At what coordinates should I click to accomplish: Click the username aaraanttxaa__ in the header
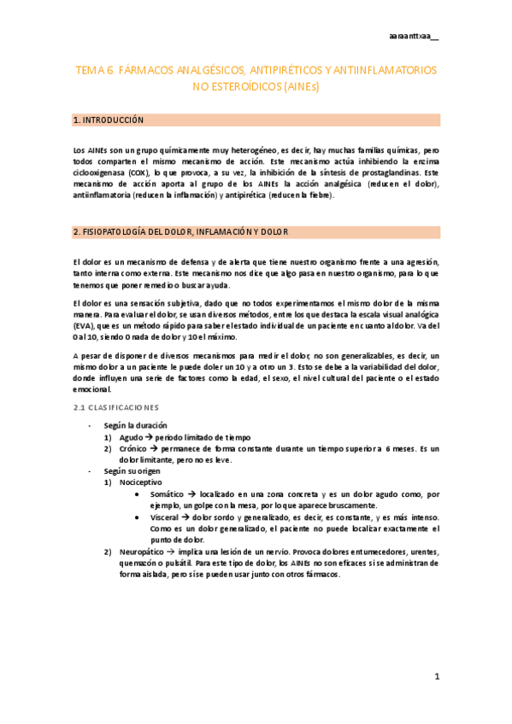pyautogui.click(x=413, y=36)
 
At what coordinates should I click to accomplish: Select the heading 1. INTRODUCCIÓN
pyautogui.click(x=109, y=120)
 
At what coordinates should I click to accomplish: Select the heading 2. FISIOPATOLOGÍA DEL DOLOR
pyautogui.click(x=181, y=231)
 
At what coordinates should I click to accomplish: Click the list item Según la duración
pyautogui.click(x=135, y=425)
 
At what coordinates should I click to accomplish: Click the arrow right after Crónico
pyautogui.click(x=147, y=448)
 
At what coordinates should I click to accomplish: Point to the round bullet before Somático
pyautogui.click(x=138, y=494)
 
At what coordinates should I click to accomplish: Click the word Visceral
pyautogui.click(x=166, y=517)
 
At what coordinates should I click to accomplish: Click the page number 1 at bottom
pyautogui.click(x=436, y=676)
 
